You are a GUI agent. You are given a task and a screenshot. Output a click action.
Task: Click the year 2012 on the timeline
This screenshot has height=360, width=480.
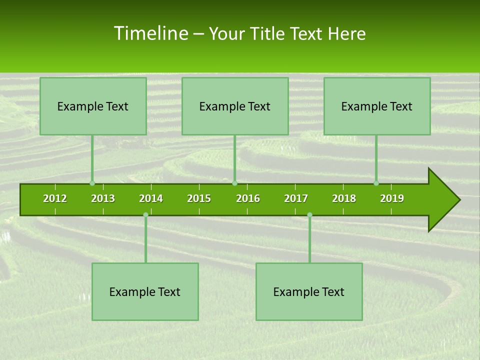click(x=55, y=198)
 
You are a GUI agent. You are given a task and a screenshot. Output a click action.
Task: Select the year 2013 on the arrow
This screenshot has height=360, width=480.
click(x=103, y=198)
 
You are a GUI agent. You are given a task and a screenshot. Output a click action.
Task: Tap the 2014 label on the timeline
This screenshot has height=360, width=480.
click(x=151, y=198)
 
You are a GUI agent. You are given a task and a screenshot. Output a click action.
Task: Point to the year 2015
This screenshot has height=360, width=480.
click(x=199, y=198)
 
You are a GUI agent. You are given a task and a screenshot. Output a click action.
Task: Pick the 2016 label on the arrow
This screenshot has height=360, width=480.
click(x=248, y=198)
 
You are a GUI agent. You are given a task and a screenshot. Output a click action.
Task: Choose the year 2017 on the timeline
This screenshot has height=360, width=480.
click(x=296, y=198)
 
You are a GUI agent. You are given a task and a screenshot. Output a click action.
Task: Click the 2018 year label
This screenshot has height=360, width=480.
click(x=344, y=198)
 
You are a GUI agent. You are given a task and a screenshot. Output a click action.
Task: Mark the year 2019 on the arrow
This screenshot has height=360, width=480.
click(x=392, y=198)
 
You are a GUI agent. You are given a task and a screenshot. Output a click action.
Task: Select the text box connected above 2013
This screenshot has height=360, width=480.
click(x=93, y=106)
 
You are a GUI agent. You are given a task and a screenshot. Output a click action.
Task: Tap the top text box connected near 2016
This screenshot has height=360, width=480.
click(x=235, y=106)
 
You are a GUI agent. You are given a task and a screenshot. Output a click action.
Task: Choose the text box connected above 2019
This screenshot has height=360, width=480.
click(x=377, y=106)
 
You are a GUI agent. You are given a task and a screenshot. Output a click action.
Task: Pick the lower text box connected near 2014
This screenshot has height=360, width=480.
click(x=145, y=292)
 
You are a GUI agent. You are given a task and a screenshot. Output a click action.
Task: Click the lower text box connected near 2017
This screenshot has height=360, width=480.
click(x=309, y=292)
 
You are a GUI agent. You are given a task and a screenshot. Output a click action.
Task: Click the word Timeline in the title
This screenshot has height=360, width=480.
click(x=150, y=33)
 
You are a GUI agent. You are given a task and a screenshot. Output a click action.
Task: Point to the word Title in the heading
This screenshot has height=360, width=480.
click(x=270, y=33)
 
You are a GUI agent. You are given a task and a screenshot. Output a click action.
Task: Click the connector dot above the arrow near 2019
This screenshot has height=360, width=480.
click(x=376, y=183)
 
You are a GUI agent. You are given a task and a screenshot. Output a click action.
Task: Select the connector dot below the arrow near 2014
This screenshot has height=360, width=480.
click(x=145, y=214)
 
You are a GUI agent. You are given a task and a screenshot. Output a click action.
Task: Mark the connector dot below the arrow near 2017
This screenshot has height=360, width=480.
click(x=309, y=214)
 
